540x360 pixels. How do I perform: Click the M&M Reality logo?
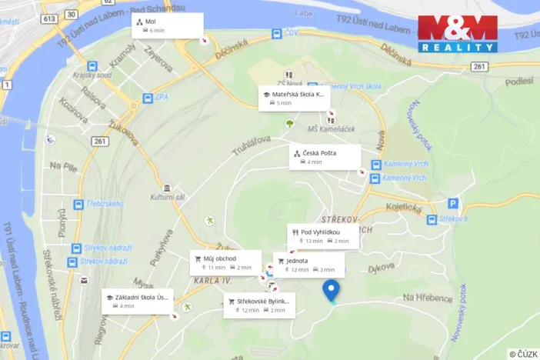(457, 34)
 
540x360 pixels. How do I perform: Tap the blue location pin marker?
(331, 290)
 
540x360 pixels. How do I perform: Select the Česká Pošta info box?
(325, 157)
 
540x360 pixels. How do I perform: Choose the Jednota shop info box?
(308, 265)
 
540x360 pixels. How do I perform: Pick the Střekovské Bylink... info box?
(258, 305)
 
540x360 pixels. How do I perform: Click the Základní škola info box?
(138, 301)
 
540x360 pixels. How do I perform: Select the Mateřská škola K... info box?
(294, 98)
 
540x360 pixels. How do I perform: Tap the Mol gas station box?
(167, 25)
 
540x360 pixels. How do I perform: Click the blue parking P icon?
(453, 204)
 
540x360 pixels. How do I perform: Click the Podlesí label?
(520, 81)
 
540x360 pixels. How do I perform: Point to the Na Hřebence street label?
(427, 298)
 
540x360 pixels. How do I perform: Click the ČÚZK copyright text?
(523, 353)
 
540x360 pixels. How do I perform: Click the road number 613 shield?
(49, 17)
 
